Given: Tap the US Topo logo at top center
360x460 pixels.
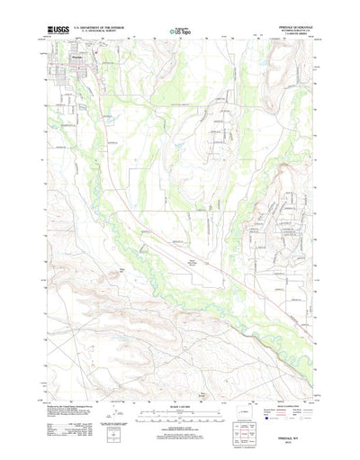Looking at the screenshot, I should [x=180, y=32].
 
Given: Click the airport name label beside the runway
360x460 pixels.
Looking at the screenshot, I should [x=191, y=239].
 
